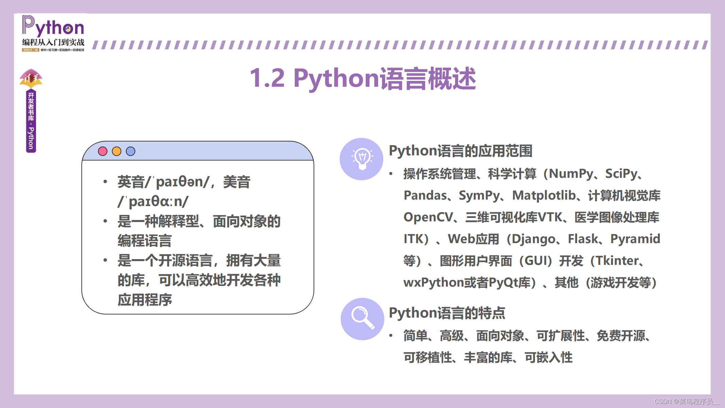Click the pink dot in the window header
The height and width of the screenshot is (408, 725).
click(103, 151)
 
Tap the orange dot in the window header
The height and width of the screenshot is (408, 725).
click(117, 151)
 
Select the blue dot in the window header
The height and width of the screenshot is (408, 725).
click(131, 151)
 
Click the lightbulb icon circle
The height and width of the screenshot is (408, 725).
click(362, 159)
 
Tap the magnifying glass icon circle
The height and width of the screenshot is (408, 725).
click(362, 319)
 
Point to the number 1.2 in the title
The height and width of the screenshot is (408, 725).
click(267, 78)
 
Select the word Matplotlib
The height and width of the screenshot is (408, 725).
click(544, 195)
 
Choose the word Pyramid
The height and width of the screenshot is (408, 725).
click(635, 239)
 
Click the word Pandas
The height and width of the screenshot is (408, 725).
click(425, 195)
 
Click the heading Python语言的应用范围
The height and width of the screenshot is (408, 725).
click(461, 151)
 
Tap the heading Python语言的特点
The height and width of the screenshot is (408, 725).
click(447, 313)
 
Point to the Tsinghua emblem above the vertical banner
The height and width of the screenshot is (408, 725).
click(31, 79)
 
